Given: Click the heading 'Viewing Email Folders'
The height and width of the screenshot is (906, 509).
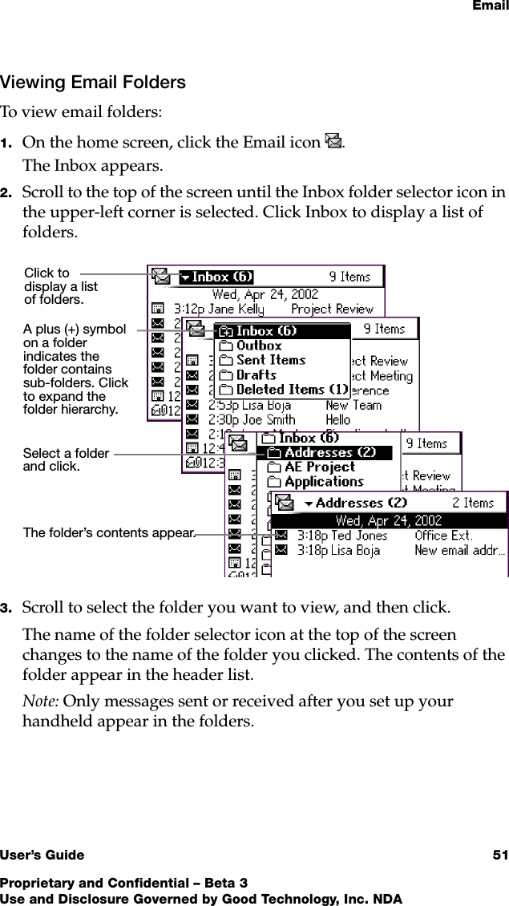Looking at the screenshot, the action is tap(93, 82).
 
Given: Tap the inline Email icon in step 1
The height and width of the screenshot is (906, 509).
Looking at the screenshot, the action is tap(334, 144).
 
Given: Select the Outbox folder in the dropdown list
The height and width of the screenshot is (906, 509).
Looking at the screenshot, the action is tap(258, 346).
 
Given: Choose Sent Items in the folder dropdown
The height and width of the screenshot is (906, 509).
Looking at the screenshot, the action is tap(270, 360).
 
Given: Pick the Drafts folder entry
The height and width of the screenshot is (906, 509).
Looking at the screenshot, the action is tap(256, 374).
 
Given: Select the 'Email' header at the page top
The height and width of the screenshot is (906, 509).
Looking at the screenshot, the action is tap(489, 7).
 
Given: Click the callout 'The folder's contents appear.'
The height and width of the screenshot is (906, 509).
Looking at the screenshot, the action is tap(109, 532).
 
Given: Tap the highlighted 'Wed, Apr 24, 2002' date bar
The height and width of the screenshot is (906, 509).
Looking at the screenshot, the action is tap(389, 520).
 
